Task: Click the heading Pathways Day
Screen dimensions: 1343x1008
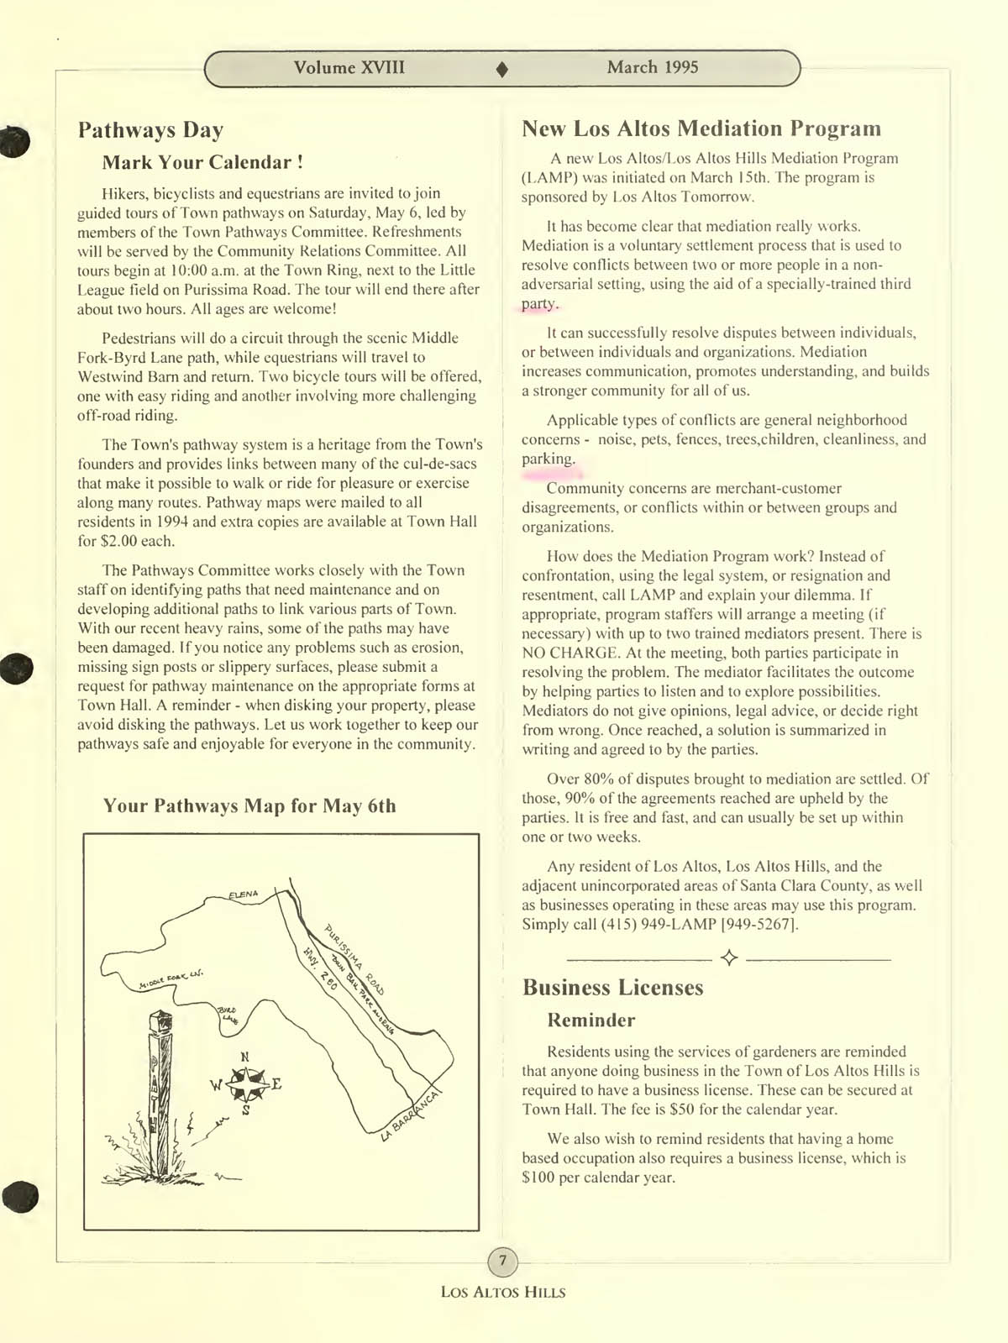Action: [x=150, y=130]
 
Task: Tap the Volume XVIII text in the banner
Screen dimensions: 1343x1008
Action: [x=349, y=68]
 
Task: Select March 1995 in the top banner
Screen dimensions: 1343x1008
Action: [x=652, y=68]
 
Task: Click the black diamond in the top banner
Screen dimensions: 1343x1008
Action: [x=502, y=70]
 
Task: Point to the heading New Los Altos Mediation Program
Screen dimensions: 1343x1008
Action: [x=701, y=129]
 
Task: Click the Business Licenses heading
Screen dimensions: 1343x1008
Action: [x=612, y=987]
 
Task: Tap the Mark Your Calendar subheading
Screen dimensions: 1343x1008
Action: [x=202, y=162]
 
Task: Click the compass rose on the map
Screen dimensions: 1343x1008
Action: [x=246, y=1084]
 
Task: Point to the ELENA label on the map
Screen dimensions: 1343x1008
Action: [x=244, y=894]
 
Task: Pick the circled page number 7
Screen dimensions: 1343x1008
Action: [x=502, y=1261]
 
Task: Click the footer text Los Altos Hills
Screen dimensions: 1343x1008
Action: [x=502, y=1293]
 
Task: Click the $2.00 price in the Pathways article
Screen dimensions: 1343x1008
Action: [x=119, y=541]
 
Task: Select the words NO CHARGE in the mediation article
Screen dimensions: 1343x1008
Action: [x=570, y=653]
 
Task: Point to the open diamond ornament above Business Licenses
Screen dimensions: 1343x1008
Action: [x=729, y=958]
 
